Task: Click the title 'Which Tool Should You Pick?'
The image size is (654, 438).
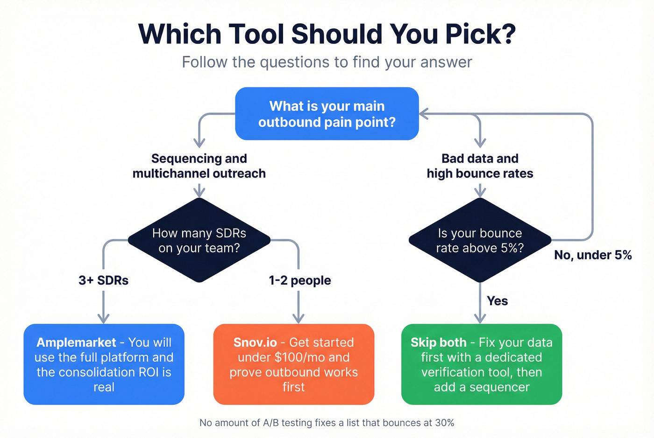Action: (x=327, y=34)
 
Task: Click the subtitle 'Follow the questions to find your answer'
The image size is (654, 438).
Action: (x=327, y=62)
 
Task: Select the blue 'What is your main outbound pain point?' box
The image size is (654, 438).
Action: (x=327, y=114)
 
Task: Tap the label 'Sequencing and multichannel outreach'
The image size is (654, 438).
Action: (x=199, y=166)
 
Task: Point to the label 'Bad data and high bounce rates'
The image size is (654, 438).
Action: (x=480, y=166)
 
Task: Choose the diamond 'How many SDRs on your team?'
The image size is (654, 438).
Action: (x=199, y=241)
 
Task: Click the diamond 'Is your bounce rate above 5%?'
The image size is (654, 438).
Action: (x=480, y=241)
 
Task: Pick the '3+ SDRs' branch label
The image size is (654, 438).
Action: (x=103, y=280)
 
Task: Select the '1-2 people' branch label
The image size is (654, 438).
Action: (x=300, y=280)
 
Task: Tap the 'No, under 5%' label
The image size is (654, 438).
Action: (x=593, y=255)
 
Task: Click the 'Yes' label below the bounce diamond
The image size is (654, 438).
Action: (x=497, y=301)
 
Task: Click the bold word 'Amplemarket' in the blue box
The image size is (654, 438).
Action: (x=76, y=342)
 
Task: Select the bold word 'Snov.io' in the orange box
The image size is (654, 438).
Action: (x=255, y=342)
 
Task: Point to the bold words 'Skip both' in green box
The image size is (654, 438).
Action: (x=438, y=342)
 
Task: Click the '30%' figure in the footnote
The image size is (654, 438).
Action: (x=444, y=423)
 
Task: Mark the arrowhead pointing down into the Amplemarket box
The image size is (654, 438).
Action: (x=103, y=318)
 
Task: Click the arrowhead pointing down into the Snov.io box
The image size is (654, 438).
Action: (x=299, y=318)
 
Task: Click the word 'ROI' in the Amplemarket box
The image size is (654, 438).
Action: (x=148, y=372)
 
